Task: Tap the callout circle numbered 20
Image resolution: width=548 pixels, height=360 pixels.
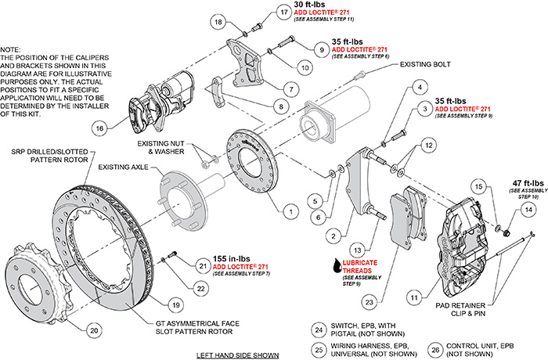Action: [x=94, y=330]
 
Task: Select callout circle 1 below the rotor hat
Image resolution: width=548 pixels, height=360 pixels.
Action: [x=290, y=211]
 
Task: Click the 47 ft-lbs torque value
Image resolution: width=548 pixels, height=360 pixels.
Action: [x=523, y=181]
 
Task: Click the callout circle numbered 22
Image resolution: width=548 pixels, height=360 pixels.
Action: [x=179, y=288]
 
